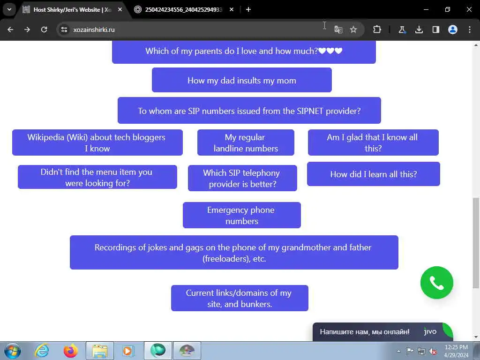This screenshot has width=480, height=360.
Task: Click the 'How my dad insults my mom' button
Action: [241, 80]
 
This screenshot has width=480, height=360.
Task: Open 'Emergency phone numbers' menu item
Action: [241, 215]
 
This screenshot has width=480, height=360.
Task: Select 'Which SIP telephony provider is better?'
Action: [242, 178]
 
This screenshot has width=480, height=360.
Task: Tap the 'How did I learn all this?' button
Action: [373, 174]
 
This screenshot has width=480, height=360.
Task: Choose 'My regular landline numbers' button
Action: [246, 142]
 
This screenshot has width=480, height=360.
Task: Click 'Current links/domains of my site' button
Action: [239, 298]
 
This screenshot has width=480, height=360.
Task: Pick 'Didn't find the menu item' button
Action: [97, 177]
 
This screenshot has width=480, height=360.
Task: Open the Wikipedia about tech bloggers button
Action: [97, 142]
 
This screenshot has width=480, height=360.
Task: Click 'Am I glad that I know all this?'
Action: [373, 142]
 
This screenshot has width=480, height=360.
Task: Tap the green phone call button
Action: [436, 283]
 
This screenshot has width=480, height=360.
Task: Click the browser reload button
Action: [44, 30]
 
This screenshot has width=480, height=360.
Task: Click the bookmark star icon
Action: [353, 30]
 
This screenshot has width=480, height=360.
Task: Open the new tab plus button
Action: [248, 9]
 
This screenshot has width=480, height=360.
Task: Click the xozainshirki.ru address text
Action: [94, 30]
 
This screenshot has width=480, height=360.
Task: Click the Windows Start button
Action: [13, 351]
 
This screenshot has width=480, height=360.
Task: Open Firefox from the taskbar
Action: [71, 351]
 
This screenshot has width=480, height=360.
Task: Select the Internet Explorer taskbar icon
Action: [42, 351]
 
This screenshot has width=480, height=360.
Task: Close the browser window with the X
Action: [469, 9]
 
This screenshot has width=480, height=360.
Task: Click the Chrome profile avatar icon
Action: [452, 30]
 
